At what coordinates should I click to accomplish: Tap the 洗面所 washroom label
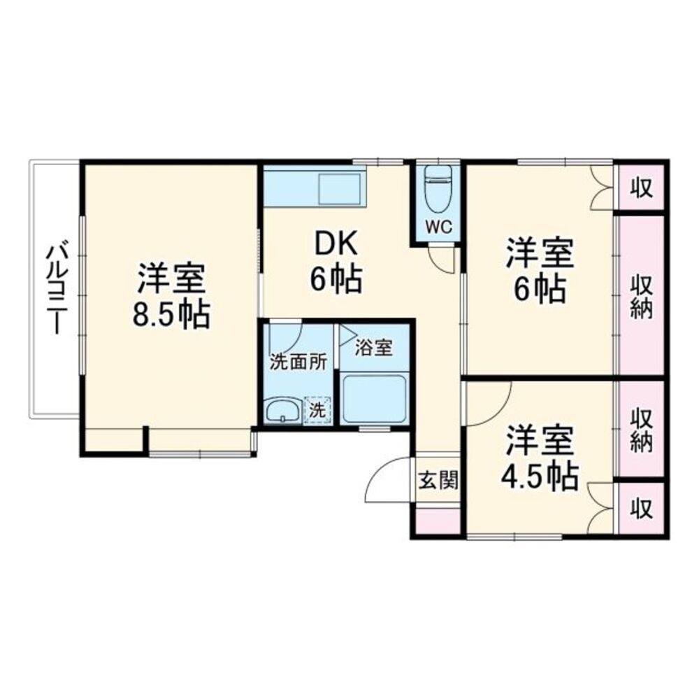point(299,362)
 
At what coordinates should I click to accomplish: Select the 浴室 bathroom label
point(373,347)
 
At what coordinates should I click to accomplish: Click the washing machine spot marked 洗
point(317,410)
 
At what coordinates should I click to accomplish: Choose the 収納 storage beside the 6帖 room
point(642,297)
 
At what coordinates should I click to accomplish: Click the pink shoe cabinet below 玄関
point(438,521)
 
